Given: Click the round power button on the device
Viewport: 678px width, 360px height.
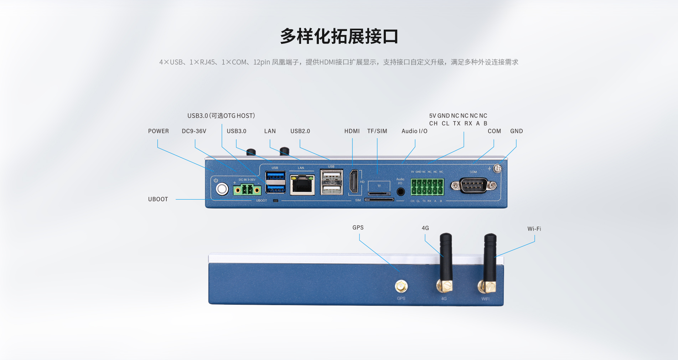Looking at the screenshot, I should [x=222, y=189].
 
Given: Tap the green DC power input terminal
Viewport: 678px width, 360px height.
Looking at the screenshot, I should [x=247, y=190].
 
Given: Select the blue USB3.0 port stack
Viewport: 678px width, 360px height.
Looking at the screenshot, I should [x=275, y=182].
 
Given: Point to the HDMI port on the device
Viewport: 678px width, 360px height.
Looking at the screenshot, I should [x=354, y=181].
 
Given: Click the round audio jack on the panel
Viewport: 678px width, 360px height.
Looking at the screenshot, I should [x=400, y=192].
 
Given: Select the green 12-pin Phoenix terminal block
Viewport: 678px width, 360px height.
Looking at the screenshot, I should [x=427, y=187].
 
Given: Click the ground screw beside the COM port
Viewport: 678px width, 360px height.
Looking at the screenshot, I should [x=498, y=169].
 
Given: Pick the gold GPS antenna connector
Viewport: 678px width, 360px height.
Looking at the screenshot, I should [x=401, y=286].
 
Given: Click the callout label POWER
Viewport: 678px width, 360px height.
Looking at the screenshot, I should [x=159, y=131].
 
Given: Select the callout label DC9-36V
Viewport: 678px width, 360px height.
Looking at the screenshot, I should [x=194, y=131].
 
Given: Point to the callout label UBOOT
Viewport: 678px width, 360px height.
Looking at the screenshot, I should [x=158, y=199].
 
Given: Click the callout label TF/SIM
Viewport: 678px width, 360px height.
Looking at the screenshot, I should [x=377, y=131].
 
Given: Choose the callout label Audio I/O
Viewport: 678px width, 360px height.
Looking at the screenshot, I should [x=414, y=131].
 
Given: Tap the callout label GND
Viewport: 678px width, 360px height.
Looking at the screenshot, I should [x=516, y=131].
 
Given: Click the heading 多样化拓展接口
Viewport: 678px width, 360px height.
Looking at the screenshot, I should [x=339, y=36].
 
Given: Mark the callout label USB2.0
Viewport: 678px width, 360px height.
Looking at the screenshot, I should [x=300, y=131].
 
